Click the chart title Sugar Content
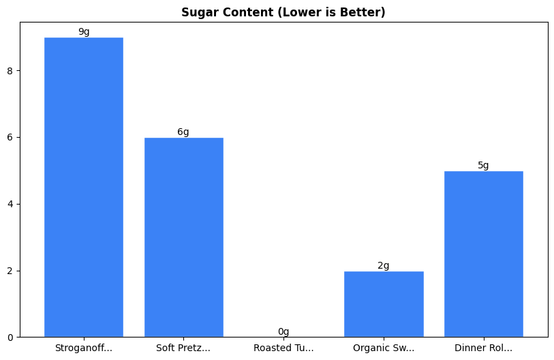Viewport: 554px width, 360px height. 283,12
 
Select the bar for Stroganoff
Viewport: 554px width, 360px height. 84,187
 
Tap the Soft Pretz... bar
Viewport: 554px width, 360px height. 183,237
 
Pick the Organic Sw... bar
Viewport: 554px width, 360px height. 384,304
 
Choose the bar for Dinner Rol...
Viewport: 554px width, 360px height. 483,254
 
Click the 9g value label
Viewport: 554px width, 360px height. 84,31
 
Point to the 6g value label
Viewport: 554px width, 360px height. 183,132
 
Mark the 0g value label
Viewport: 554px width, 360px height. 283,331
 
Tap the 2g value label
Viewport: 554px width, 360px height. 384,265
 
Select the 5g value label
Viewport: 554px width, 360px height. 483,165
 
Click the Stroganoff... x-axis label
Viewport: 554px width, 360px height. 84,348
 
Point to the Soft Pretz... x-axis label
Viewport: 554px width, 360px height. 183,348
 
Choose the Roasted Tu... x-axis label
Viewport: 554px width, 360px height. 283,348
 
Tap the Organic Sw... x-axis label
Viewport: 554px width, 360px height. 384,348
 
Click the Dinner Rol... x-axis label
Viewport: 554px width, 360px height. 483,348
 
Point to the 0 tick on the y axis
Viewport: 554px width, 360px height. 10,337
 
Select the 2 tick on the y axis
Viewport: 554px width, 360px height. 10,271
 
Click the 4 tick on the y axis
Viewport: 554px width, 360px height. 10,204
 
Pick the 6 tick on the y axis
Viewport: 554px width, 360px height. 10,137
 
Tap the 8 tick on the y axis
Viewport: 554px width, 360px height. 10,71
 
